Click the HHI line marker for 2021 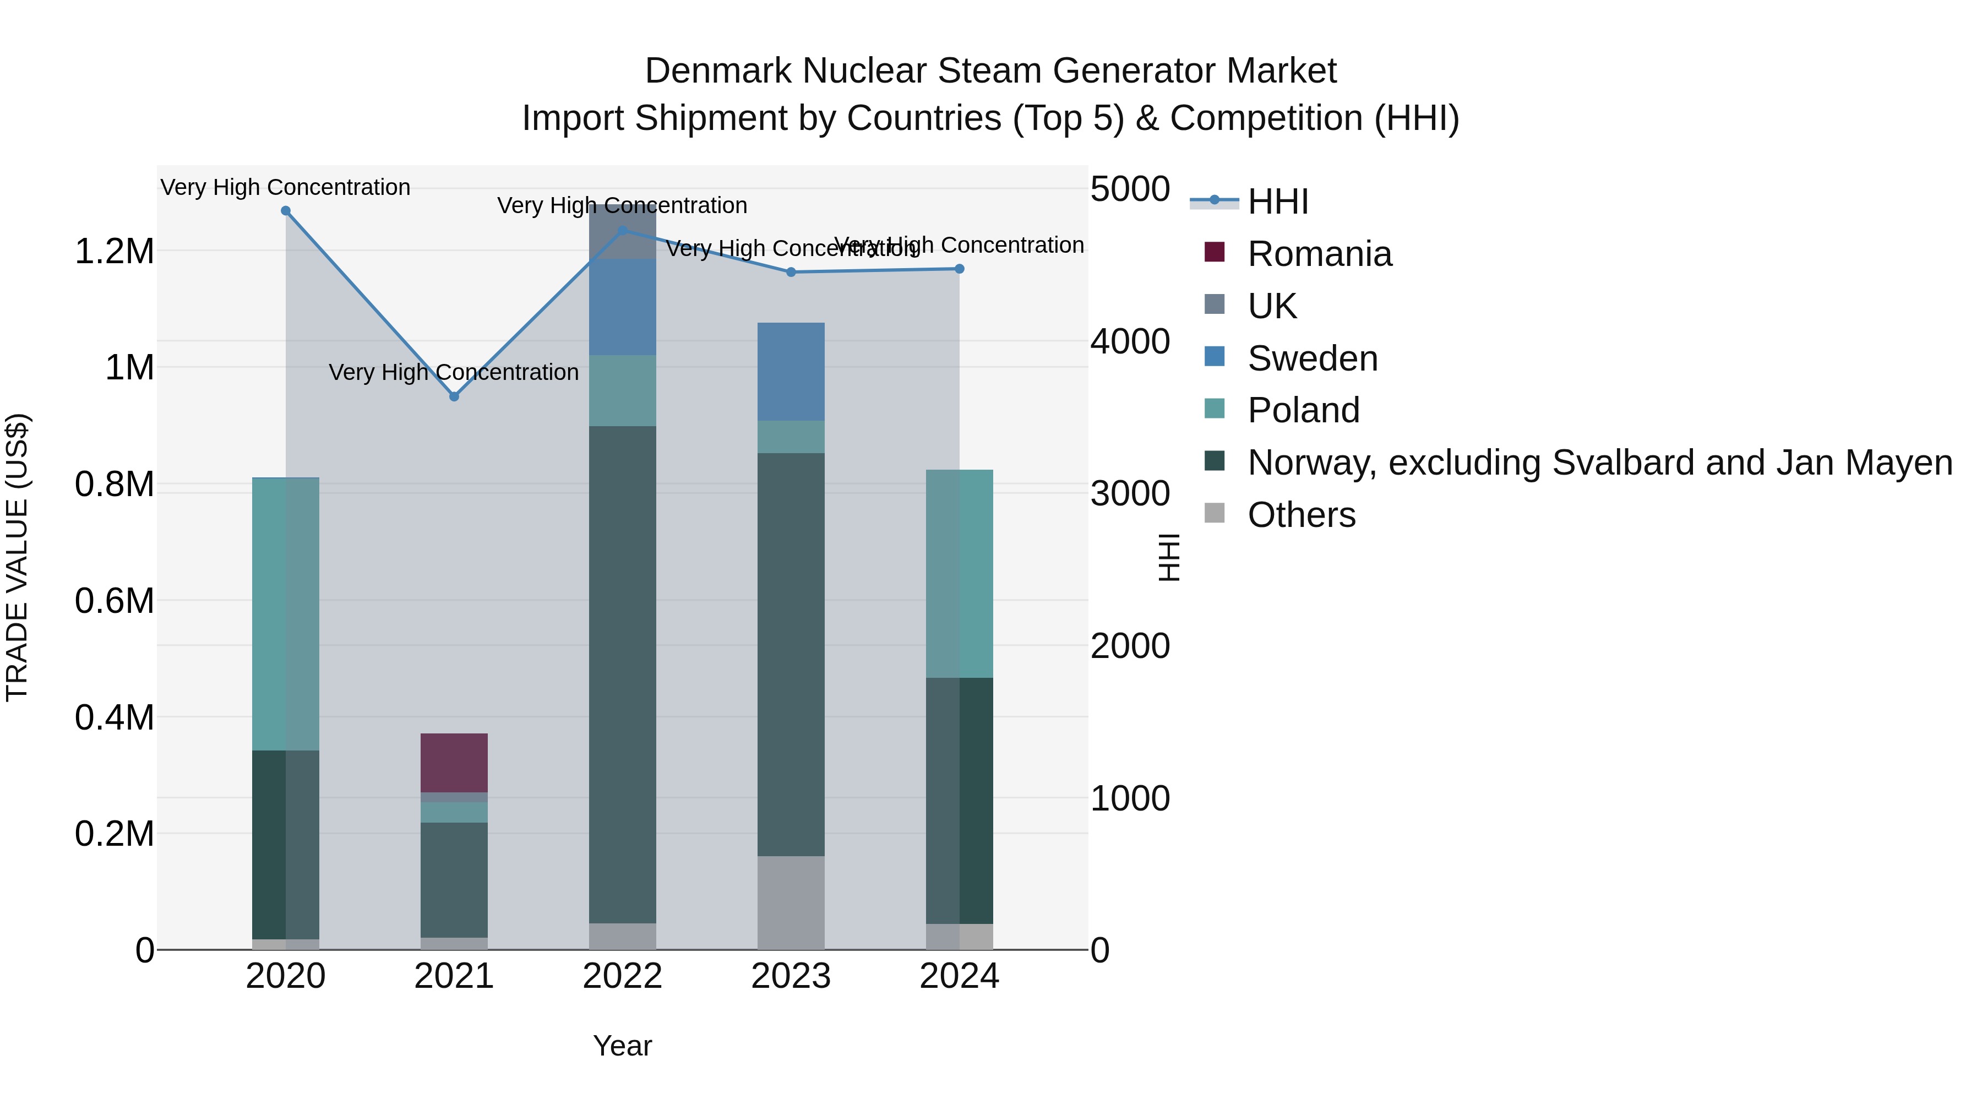pyautogui.click(x=454, y=396)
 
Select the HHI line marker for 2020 pyautogui.click(x=285, y=211)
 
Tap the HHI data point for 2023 pyautogui.click(x=791, y=271)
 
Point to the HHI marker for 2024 pyautogui.click(x=960, y=269)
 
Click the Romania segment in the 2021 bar pyautogui.click(x=454, y=763)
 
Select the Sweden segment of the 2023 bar pyautogui.click(x=791, y=372)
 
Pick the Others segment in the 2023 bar pyautogui.click(x=791, y=902)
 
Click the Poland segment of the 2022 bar pyautogui.click(x=623, y=390)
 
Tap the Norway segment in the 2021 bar pyautogui.click(x=454, y=879)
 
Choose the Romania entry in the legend pyautogui.click(x=1319, y=254)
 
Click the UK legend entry pyautogui.click(x=1272, y=306)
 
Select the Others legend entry pyautogui.click(x=1301, y=515)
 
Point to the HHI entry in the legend pyautogui.click(x=1277, y=202)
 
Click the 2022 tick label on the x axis pyautogui.click(x=623, y=976)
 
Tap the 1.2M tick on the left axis pyautogui.click(x=115, y=252)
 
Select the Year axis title pyautogui.click(x=623, y=1046)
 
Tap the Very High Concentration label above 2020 pyautogui.click(x=285, y=187)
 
